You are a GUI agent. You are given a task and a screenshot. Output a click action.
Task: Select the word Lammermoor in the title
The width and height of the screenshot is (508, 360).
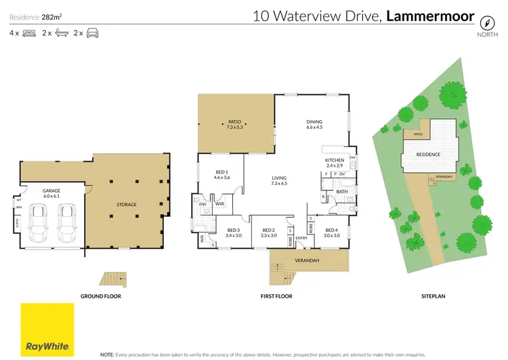[429, 16]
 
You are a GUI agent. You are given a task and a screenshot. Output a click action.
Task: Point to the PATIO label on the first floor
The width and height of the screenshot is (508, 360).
[234, 123]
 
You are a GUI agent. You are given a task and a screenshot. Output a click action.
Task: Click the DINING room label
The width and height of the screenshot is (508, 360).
[315, 123]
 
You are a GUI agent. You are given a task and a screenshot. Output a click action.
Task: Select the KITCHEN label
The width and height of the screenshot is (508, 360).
[335, 161]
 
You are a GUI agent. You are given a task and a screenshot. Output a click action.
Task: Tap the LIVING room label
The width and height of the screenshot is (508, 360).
[279, 178]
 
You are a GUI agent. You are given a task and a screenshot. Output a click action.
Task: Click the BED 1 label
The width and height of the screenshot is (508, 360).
[221, 172]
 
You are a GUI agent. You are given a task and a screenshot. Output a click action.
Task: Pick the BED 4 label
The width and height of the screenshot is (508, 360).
[331, 231]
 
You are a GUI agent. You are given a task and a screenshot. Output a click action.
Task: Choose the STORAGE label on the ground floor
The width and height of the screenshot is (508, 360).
[126, 204]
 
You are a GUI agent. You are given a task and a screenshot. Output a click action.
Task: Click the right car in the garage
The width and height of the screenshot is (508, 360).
[66, 220]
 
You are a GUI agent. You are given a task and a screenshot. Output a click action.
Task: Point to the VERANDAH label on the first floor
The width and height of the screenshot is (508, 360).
[308, 261]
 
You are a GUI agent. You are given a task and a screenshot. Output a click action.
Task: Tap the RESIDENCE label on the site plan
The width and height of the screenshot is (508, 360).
[428, 155]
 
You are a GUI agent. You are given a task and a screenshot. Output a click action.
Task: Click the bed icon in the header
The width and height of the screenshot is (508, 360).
[29, 33]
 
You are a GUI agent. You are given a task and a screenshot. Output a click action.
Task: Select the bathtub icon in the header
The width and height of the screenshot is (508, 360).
[62, 33]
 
